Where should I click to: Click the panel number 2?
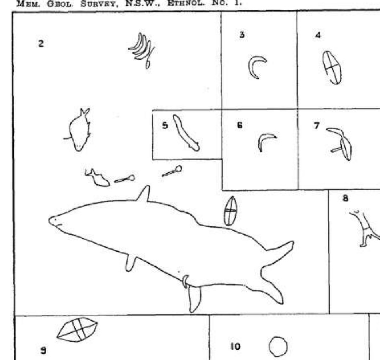coord(41,44)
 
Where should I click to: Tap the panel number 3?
coord(242,35)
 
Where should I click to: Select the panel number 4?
coord(318,35)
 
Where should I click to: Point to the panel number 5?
coord(165,125)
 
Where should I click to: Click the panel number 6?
coord(240,125)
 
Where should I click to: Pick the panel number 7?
coord(317,126)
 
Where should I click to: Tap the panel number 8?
coord(345,198)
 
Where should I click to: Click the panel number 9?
coord(43,350)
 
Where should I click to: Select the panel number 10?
coord(235,346)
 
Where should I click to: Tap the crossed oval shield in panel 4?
coord(332,68)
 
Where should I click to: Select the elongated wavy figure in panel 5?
coord(185,133)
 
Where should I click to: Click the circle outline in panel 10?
coord(270,346)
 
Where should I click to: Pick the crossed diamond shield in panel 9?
coord(77,330)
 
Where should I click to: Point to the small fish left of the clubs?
coord(97,178)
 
